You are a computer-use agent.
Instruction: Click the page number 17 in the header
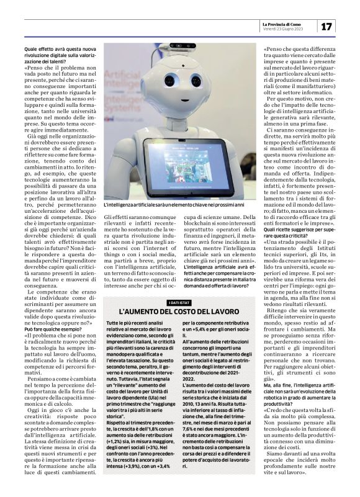point(327,27)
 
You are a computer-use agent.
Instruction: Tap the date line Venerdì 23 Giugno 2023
point(282,30)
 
